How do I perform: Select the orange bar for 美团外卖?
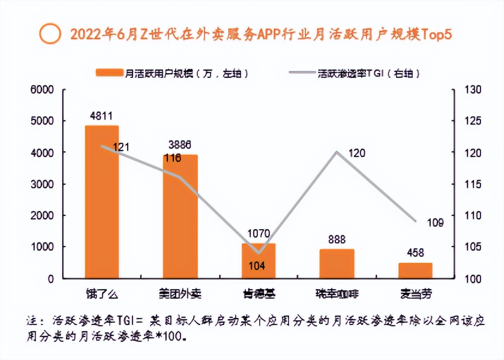180,216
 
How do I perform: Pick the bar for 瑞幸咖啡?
337,264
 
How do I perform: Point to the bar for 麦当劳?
415,270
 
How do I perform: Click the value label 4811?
102,116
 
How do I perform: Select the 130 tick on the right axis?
472,90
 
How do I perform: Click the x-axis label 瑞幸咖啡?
336,294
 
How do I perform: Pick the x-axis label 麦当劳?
416,294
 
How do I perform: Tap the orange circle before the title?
50,34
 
